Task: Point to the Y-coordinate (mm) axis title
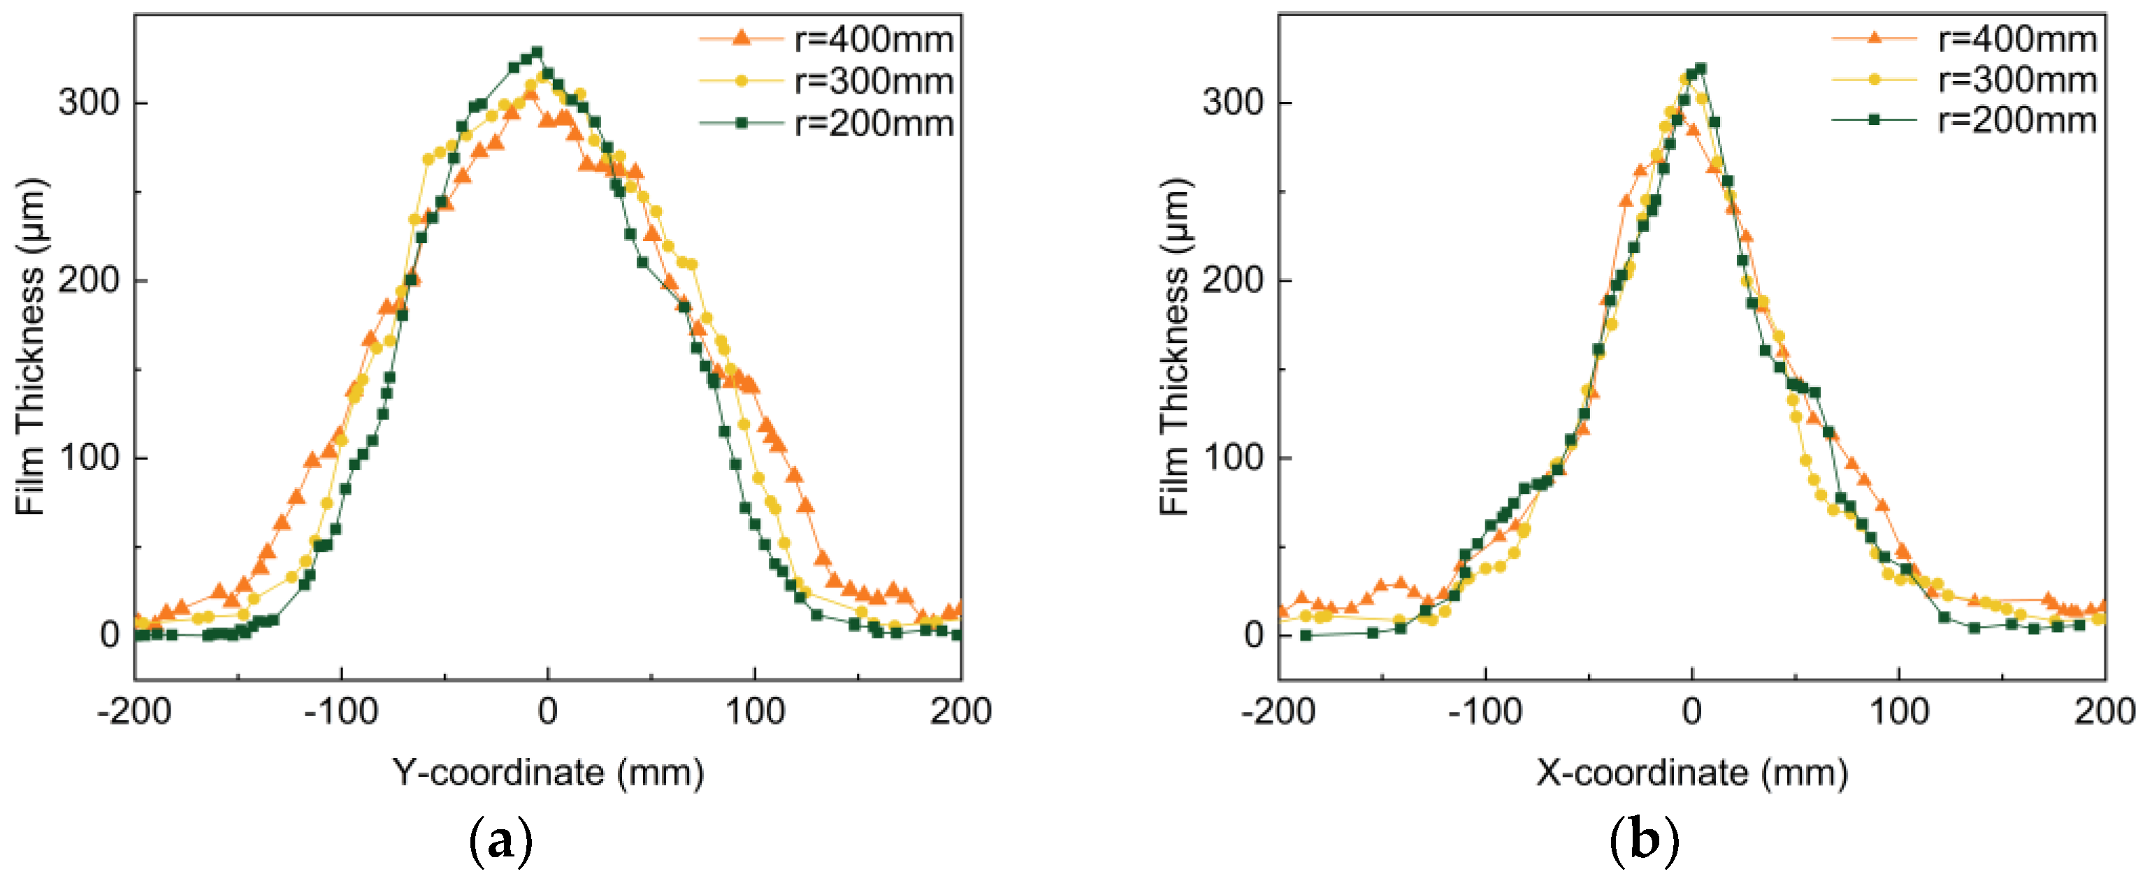pos(548,773)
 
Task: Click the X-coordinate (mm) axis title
pos(1691,773)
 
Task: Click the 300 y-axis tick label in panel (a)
pos(88,103)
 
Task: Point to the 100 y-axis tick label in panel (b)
pos(1232,458)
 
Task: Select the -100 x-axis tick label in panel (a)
pos(340,713)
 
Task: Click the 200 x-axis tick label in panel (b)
pos(2104,713)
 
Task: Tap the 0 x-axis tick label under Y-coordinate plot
pos(548,713)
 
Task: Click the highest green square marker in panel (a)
pos(537,52)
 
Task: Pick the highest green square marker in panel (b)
pos(1701,68)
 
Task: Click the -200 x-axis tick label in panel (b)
pos(1278,713)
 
